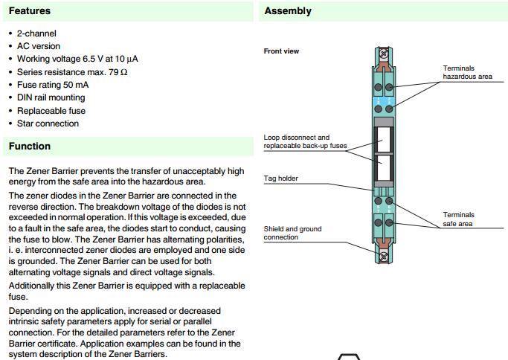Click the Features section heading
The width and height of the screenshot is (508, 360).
click(x=30, y=11)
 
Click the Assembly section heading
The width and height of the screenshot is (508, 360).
click(x=288, y=11)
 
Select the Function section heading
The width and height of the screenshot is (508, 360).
click(x=30, y=147)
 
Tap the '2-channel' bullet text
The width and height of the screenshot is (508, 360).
click(x=36, y=33)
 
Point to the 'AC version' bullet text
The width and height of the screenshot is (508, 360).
click(x=39, y=46)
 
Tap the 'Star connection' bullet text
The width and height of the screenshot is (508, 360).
click(x=48, y=123)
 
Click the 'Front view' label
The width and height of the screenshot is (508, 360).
click(x=281, y=51)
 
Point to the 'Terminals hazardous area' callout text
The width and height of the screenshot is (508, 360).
click(x=467, y=72)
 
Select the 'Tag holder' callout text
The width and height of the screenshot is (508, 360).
click(x=280, y=179)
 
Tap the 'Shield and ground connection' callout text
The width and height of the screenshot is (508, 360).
click(x=292, y=233)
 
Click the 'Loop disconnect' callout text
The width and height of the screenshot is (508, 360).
click(x=296, y=138)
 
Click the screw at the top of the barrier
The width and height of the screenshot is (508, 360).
click(x=384, y=54)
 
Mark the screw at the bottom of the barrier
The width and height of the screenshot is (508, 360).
click(x=384, y=255)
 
